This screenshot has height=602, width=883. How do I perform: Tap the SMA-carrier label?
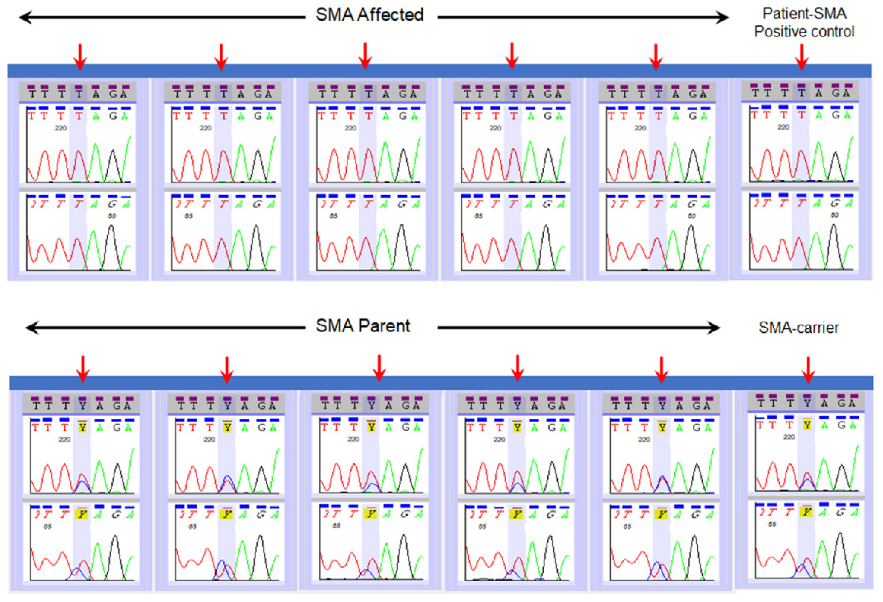click(x=799, y=328)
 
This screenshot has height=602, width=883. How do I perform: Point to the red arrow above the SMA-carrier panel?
click(x=808, y=369)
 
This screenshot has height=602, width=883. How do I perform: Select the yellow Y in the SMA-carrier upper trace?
click(x=807, y=425)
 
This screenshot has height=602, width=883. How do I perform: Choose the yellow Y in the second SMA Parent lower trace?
click(x=227, y=515)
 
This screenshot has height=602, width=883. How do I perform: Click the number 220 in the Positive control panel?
click(x=783, y=127)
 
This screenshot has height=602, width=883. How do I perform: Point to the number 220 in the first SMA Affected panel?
click(x=60, y=128)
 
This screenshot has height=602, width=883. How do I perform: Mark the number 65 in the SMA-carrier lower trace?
click(x=772, y=524)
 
